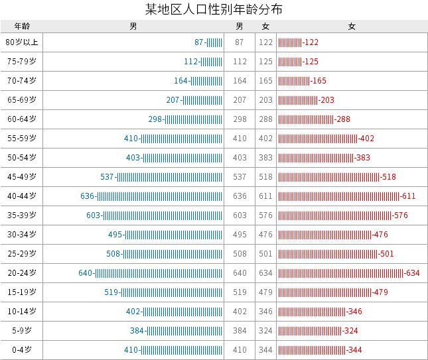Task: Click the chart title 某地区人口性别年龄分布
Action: [214, 10]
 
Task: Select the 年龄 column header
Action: [22, 27]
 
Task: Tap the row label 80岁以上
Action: [22, 42]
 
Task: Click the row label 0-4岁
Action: [22, 350]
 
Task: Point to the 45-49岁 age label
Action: [22, 177]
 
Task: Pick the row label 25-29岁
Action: [22, 254]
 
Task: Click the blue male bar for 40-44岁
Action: [161, 196]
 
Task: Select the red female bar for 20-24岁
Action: [341, 273]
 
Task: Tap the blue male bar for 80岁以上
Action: [215, 42]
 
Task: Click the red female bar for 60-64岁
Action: [306, 119]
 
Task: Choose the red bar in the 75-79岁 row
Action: [290, 62]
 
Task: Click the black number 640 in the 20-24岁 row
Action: [240, 273]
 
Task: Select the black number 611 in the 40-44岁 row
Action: [266, 196]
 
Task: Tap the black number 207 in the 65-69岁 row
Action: [240, 100]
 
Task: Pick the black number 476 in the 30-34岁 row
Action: [266, 235]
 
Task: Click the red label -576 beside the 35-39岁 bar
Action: [400, 215]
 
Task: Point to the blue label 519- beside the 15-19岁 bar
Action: [112, 292]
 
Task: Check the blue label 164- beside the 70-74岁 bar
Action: [182, 81]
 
